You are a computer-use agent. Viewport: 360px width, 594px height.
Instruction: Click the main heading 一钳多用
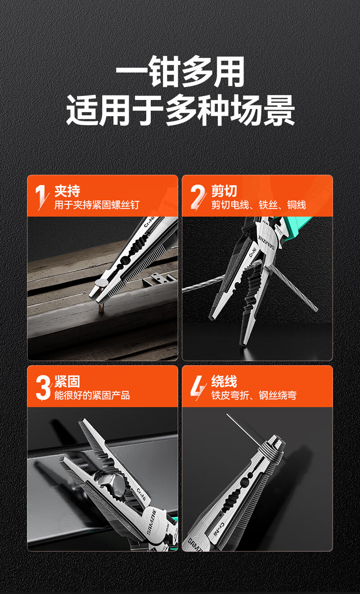coord(180,72)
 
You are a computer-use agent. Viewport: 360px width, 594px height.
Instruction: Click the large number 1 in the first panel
coord(41,197)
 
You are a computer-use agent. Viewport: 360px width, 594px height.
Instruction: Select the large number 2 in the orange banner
coord(198,197)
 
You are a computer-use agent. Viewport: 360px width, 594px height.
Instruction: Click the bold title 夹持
coord(67,191)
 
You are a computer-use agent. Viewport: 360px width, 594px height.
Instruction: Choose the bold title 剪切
coord(224,191)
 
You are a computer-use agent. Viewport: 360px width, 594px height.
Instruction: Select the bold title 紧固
coord(67,381)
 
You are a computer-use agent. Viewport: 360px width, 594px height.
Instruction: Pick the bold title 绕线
coord(224,381)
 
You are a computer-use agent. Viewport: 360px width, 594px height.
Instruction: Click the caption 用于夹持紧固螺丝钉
coord(97,205)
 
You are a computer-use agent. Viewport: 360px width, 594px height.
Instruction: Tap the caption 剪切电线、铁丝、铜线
coord(259,205)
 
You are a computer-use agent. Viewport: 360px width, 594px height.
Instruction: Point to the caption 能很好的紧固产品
coord(92,395)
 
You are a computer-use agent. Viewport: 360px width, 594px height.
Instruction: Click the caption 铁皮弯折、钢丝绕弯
coord(254,395)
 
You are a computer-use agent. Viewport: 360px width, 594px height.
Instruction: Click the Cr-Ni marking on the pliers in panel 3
coord(141,494)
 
